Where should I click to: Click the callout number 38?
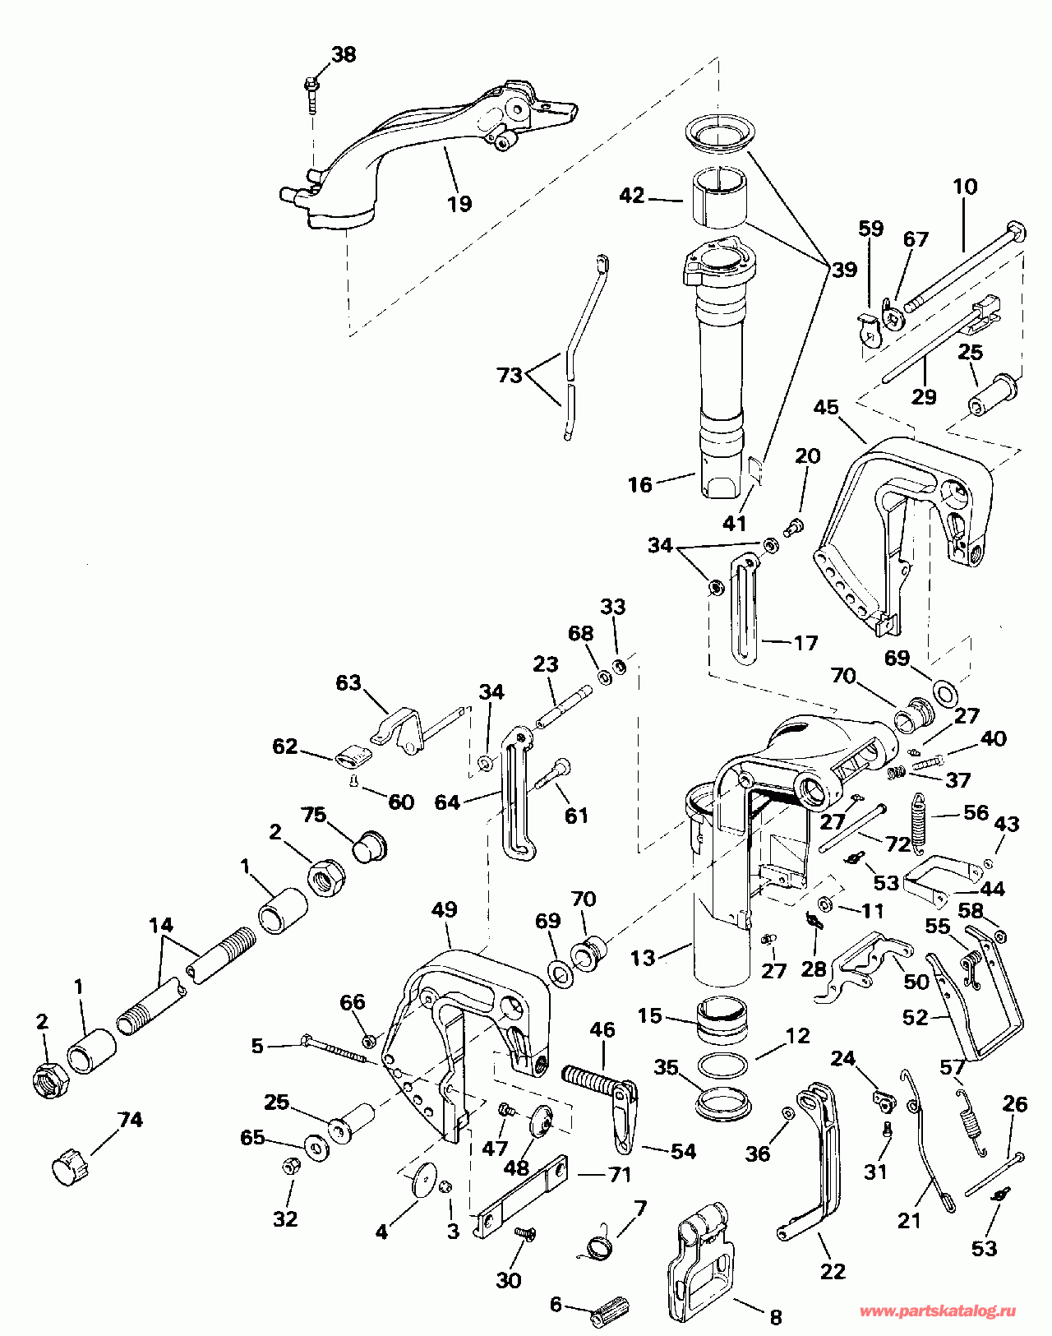coord(344,55)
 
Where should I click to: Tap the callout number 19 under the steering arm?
coord(459,203)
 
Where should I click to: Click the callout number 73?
coord(510,375)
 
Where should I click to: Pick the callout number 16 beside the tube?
coord(639,484)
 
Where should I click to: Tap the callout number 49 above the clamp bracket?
coord(444,910)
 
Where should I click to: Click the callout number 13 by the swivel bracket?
coord(643,958)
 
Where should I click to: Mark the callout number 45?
coord(826,408)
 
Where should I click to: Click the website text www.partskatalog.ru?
coord(938,1311)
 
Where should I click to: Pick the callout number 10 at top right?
coord(966,187)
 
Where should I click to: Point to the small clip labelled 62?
coord(350,754)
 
